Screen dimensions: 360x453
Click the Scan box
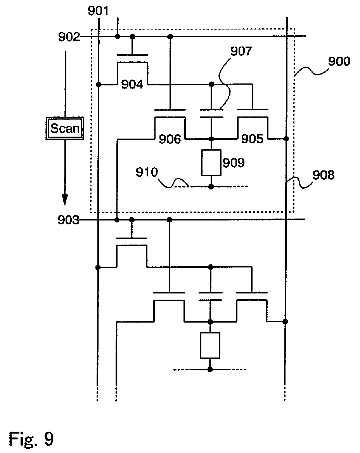[65, 128]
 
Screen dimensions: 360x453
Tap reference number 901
[98, 11]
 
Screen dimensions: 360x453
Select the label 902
[69, 37]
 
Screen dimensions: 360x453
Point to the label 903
[68, 220]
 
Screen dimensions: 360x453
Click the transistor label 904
[132, 84]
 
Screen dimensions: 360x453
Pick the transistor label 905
[252, 139]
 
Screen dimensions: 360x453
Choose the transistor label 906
[170, 139]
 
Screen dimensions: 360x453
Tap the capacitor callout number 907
[241, 51]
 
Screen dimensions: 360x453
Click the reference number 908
[323, 175]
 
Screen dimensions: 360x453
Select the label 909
[234, 163]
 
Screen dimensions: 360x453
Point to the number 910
[147, 172]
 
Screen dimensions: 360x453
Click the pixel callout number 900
[339, 61]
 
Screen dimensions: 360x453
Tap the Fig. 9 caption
[31, 439]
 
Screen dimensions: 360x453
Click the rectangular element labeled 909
[211, 163]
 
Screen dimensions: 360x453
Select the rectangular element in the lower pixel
[210, 345]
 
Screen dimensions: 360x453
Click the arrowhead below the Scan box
[65, 200]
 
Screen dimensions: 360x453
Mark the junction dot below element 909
[211, 187]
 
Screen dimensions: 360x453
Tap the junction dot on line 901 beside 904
[99, 85]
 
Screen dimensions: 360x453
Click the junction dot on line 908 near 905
[286, 139]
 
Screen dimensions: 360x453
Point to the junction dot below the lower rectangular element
[210, 370]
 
